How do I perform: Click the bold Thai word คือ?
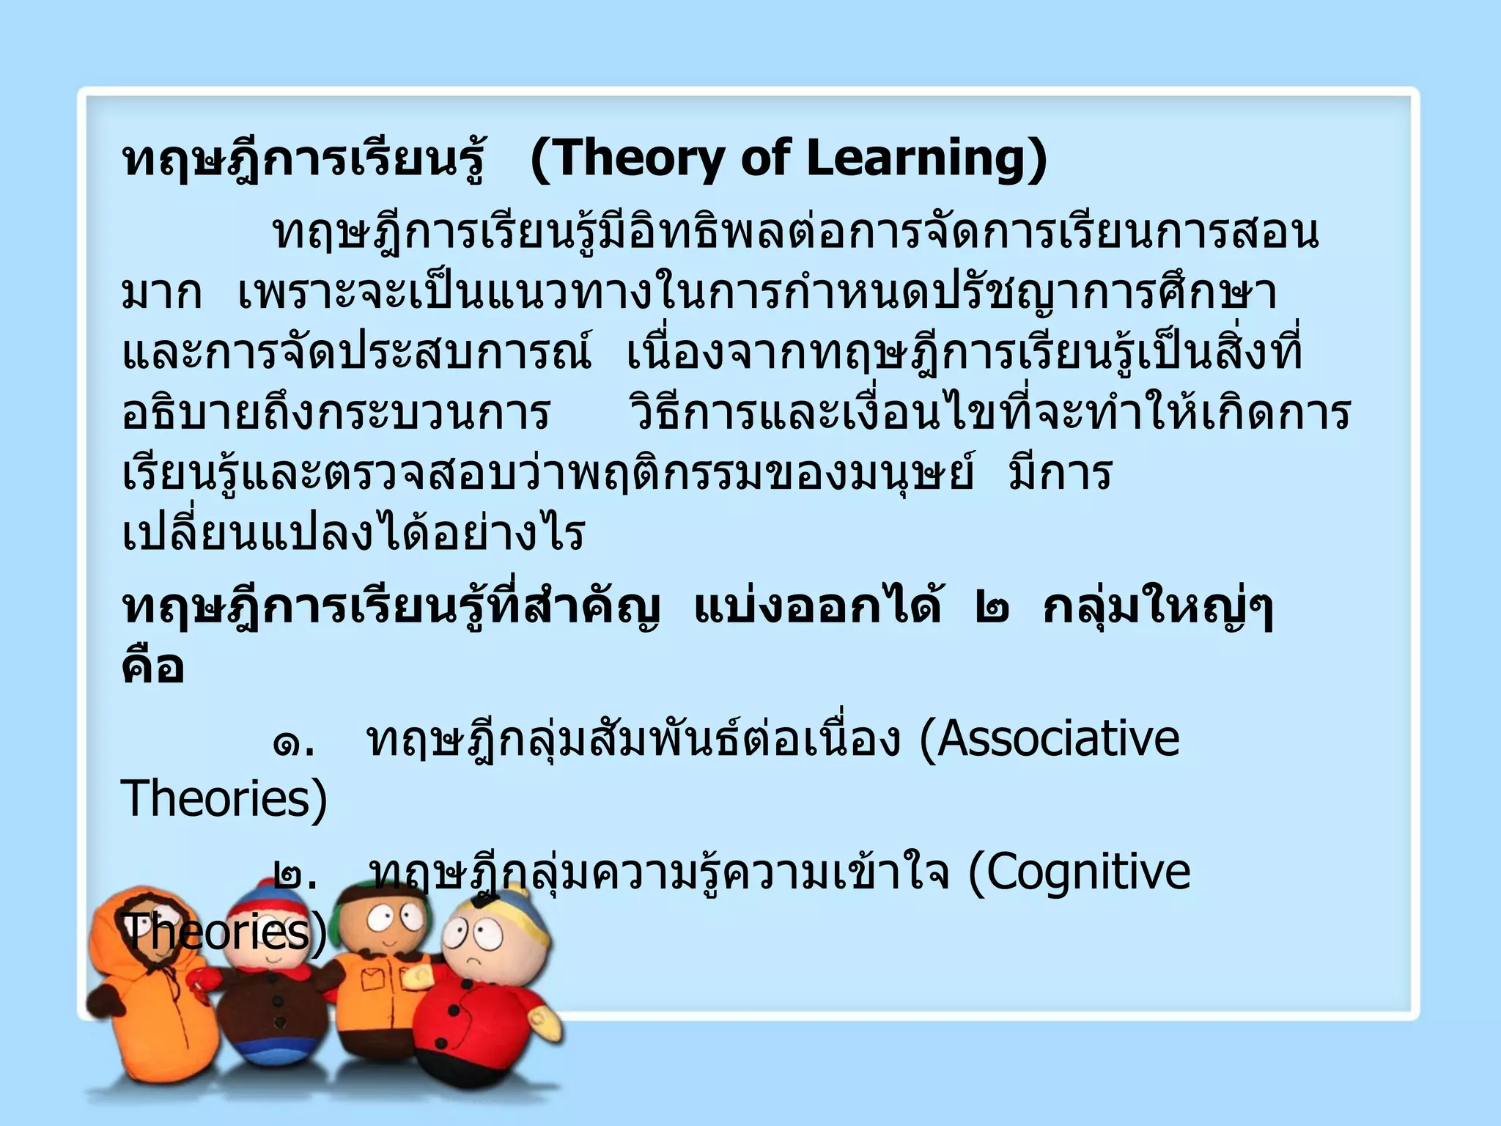[152, 667]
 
